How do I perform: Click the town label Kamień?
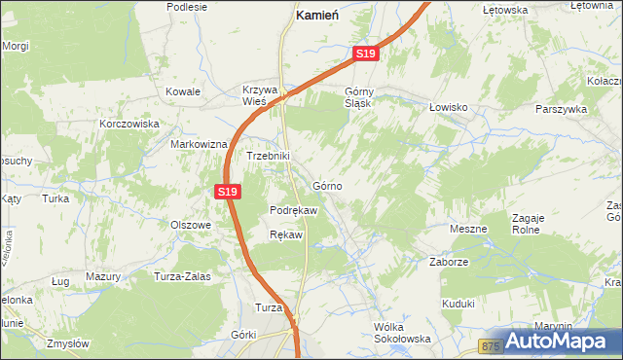pos(316,17)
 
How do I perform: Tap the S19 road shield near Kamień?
pos(365,54)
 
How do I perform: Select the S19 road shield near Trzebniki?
pos(227,192)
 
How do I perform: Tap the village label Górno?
pos(326,185)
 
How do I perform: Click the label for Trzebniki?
pos(268,156)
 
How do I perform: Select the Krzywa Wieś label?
pos(260,96)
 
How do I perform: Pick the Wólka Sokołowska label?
pos(402,333)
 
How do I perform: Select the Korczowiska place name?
pos(129,125)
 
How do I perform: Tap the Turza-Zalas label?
pos(182,276)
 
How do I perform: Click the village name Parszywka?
pos(561,110)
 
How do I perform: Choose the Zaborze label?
pos(450,262)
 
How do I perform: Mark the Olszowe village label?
pos(191,225)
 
